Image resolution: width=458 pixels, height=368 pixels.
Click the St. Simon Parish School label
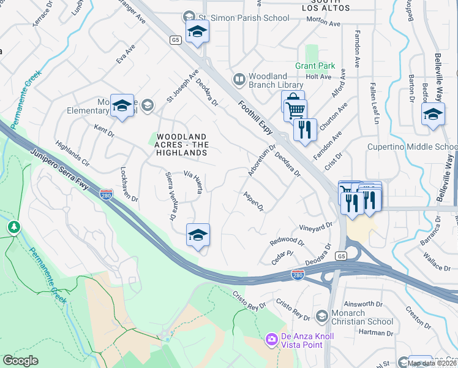[250, 18]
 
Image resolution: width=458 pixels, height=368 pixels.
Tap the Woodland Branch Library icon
[239, 80]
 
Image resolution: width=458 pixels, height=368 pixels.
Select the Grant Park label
[315, 66]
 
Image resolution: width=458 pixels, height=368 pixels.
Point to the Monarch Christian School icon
[321, 316]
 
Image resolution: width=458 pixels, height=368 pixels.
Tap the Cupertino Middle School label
[411, 147]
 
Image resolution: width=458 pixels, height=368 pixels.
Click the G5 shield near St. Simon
[176, 40]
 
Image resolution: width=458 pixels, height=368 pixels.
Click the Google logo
[20, 361]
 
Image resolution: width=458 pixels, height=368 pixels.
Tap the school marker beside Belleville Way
[433, 114]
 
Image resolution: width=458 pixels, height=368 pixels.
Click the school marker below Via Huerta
[198, 235]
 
